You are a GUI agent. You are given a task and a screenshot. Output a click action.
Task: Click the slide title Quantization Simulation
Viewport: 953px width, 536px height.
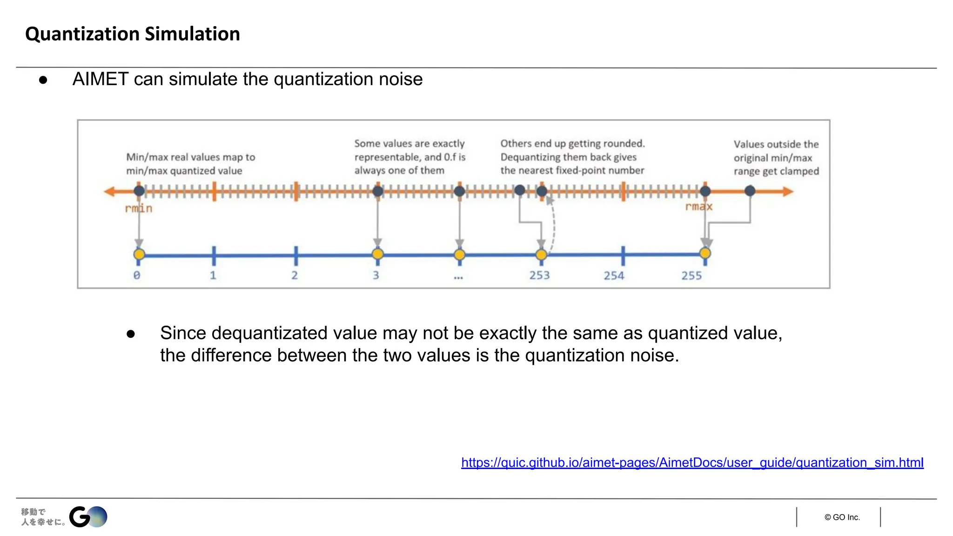tap(133, 34)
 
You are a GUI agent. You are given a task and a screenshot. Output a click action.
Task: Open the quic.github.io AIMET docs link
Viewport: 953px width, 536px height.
tap(692, 462)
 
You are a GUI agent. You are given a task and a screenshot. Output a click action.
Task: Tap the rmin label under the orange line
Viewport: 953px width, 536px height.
tap(139, 208)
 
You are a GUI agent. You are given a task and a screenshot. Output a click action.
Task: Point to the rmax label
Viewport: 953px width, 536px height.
tap(698, 207)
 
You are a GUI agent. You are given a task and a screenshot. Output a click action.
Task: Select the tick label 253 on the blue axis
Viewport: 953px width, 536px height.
tap(539, 275)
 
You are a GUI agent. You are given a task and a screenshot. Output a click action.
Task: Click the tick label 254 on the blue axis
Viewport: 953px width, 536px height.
tap(614, 276)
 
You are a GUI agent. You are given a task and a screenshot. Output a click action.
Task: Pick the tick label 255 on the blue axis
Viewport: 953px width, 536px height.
tap(691, 276)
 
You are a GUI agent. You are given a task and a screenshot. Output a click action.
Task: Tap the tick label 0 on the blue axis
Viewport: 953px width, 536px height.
tap(137, 275)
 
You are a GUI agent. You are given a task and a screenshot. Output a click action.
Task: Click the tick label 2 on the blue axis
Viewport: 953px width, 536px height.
tap(295, 275)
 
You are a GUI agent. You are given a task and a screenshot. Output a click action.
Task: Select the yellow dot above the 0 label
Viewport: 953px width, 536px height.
tap(139, 255)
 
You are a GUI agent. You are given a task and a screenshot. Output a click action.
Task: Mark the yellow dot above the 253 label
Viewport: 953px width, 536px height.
tap(541, 255)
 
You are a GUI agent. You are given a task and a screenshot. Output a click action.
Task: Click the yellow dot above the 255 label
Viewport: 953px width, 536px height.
tap(705, 253)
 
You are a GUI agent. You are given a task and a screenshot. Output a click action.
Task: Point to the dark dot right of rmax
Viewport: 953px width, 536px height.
tap(750, 191)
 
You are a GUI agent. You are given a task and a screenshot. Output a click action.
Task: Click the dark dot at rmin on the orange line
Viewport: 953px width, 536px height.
tap(139, 191)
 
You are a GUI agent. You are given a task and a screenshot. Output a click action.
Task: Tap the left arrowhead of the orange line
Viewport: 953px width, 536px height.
tap(109, 191)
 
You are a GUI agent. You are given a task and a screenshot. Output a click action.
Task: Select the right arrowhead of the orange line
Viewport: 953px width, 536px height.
tap(788, 191)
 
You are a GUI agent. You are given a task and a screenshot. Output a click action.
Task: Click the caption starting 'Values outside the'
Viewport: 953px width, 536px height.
tap(776, 158)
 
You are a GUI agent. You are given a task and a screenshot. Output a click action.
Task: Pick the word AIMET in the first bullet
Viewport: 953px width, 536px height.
tap(101, 79)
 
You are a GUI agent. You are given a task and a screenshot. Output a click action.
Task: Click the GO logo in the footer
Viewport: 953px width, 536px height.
tap(88, 517)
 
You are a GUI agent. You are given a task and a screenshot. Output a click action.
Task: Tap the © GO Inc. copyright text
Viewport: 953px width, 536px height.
tap(842, 517)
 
